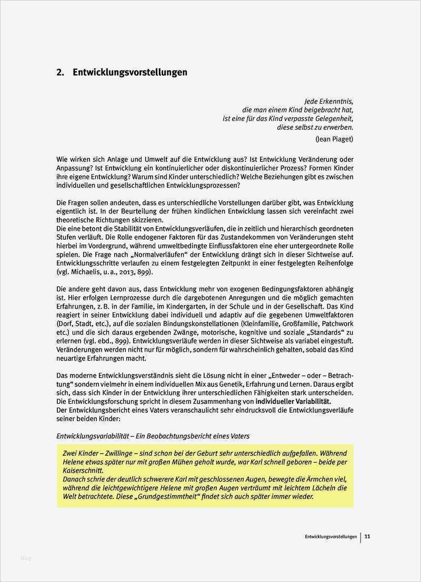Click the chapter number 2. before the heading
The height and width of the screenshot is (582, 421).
point(60,73)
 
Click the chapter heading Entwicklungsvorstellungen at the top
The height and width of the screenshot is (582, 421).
point(130,73)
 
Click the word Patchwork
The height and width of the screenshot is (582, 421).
point(337,323)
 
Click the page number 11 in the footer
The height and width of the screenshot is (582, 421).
point(367,537)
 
